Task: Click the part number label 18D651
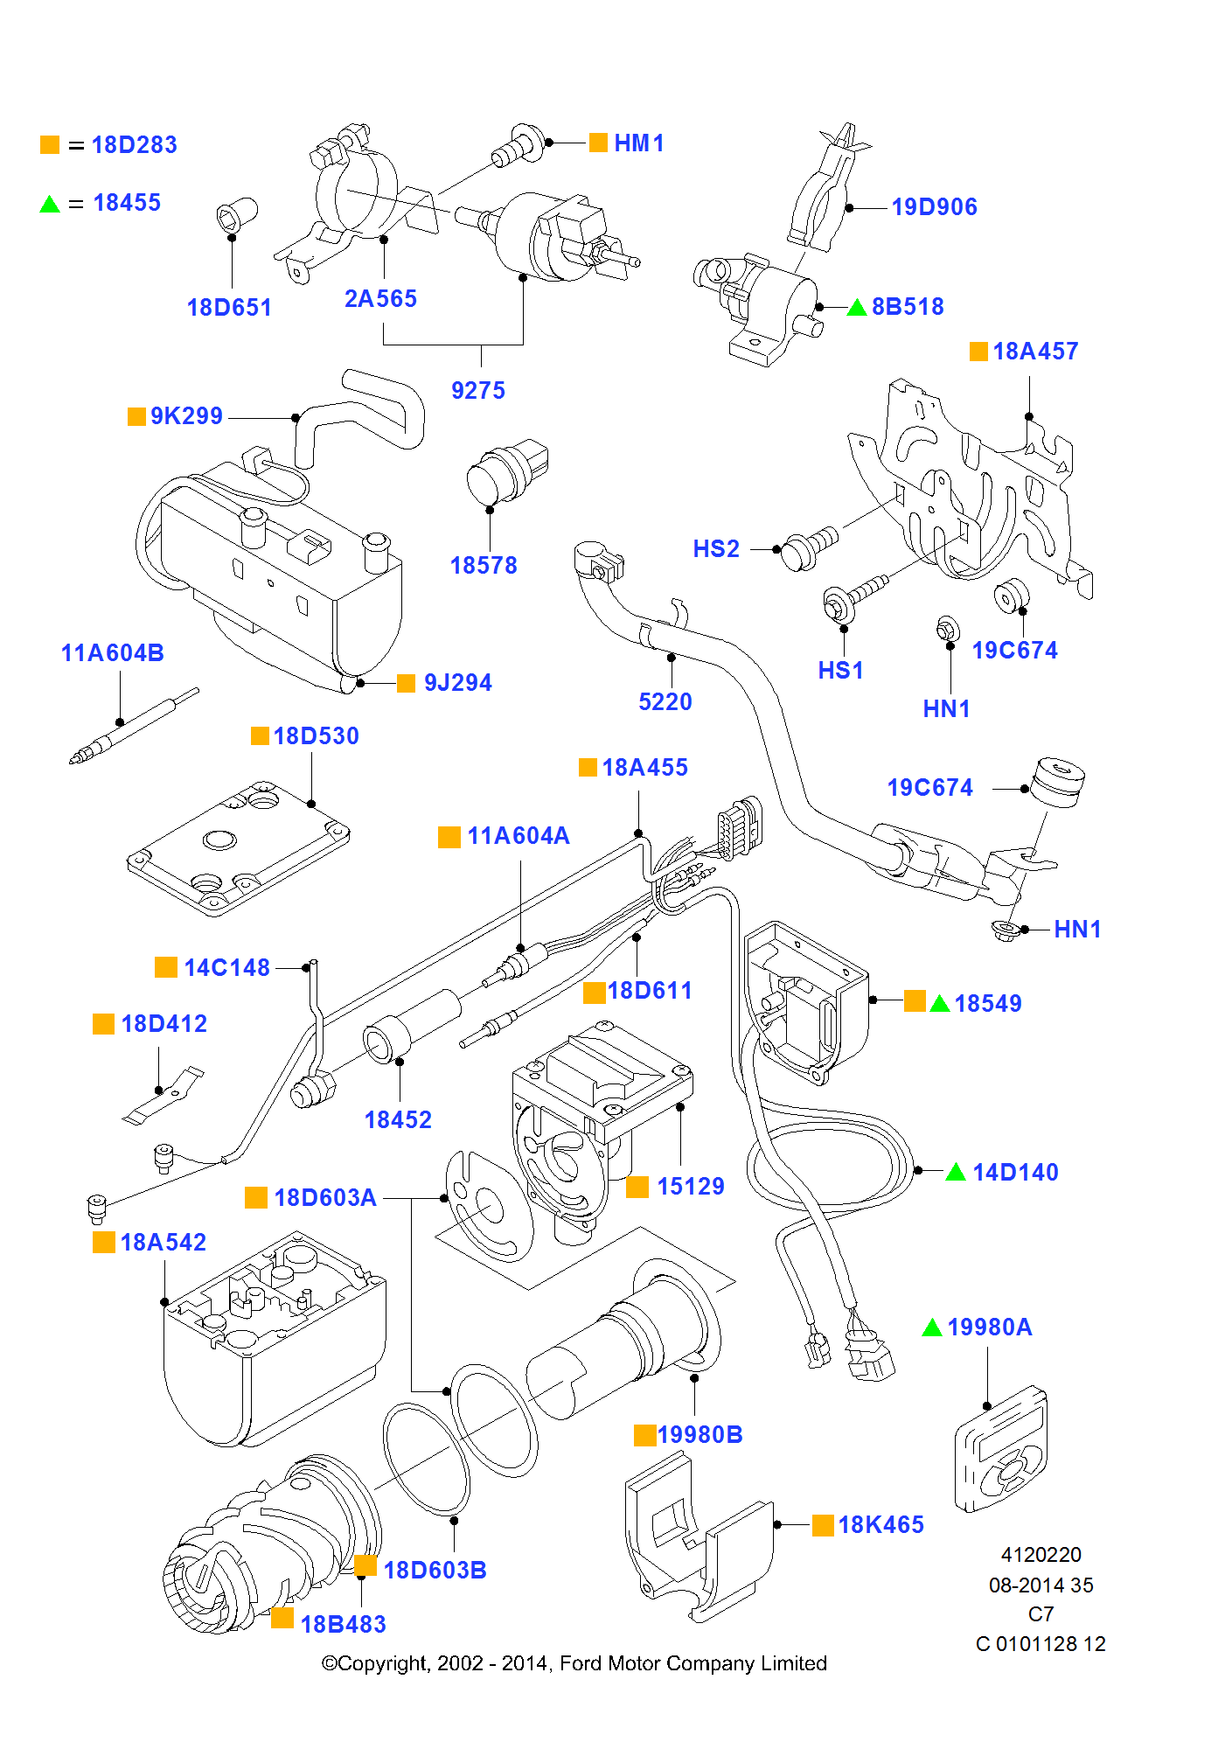click(229, 308)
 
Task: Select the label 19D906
click(934, 207)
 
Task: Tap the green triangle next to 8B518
click(857, 307)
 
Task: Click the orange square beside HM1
click(598, 143)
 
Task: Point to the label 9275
click(478, 391)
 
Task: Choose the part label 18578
click(484, 566)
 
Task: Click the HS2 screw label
click(716, 549)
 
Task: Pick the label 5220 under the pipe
click(665, 702)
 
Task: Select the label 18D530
click(316, 736)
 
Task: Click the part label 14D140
click(1015, 1173)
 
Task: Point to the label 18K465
click(880, 1525)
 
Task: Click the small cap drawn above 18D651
click(236, 214)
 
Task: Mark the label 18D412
click(164, 1024)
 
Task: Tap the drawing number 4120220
click(1041, 1555)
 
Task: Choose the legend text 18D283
click(134, 145)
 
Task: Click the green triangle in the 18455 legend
click(50, 205)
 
